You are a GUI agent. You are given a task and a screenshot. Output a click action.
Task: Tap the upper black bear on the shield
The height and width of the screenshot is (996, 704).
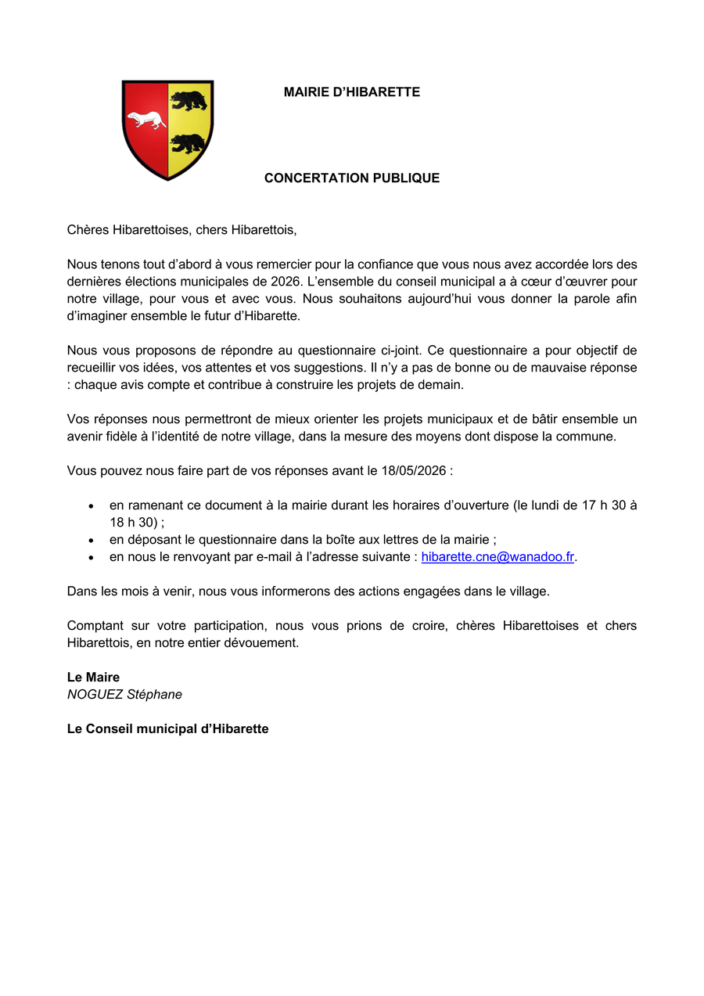[189, 100]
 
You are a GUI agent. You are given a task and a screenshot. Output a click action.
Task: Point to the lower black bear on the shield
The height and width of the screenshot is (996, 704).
[189, 144]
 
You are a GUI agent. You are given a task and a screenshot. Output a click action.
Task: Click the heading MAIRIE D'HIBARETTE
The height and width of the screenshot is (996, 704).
[352, 92]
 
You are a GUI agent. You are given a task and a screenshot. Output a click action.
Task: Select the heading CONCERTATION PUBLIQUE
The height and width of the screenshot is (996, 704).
[352, 178]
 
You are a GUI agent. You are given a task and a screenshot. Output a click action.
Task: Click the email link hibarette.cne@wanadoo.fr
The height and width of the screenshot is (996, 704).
[497, 557]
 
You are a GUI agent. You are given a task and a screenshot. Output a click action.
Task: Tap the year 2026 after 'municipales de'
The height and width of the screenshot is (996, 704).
[279, 282]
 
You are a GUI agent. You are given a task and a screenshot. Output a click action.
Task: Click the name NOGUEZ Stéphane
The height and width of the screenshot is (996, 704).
[124, 695]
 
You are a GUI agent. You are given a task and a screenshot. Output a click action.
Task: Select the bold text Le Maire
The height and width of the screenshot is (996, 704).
[93, 678]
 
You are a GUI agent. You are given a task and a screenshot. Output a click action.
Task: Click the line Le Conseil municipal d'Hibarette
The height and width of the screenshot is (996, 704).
[167, 729]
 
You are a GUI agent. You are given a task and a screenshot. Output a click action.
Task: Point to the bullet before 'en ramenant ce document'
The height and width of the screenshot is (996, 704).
[92, 506]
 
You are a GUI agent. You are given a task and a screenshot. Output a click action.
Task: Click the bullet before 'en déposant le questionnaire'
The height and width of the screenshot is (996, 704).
[92, 541]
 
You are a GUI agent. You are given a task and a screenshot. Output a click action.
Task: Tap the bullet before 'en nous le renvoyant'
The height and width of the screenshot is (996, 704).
[92, 558]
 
